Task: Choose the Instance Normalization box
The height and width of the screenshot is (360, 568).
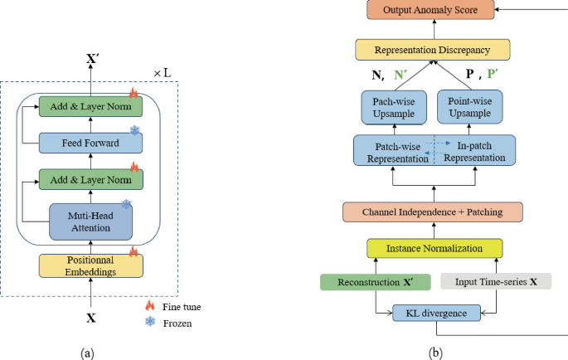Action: pyautogui.click(x=434, y=248)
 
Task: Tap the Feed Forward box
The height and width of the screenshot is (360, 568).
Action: pyautogui.click(x=91, y=143)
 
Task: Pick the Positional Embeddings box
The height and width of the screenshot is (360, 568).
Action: pyautogui.click(x=91, y=265)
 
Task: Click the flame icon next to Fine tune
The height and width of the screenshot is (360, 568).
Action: pyautogui.click(x=148, y=306)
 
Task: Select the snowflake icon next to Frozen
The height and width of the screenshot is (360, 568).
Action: pyautogui.click(x=148, y=323)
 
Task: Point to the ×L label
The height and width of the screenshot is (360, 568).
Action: pyautogui.click(x=163, y=72)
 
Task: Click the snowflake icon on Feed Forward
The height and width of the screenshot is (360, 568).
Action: pyautogui.click(x=135, y=130)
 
